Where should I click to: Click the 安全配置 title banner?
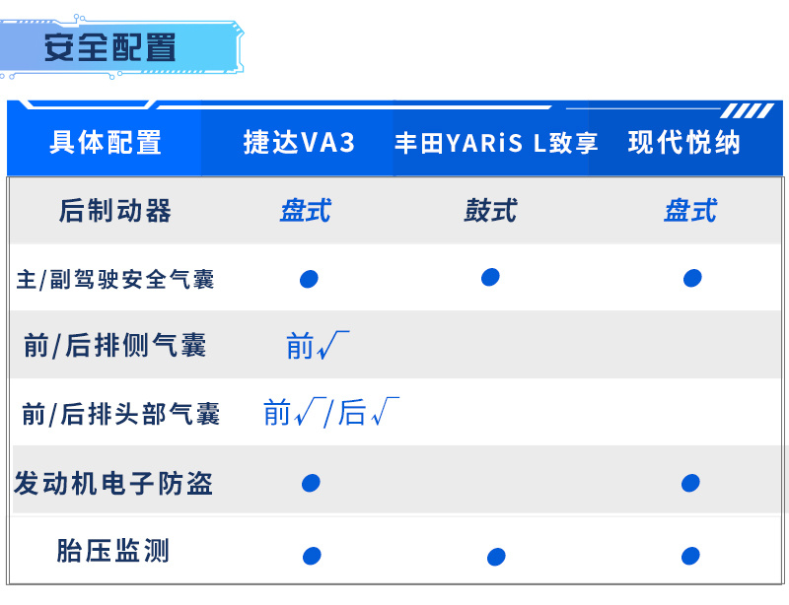pos(120,47)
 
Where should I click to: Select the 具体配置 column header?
pos(106,142)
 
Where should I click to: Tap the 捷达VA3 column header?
pos(300,142)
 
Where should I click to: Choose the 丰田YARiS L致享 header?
pos(496,143)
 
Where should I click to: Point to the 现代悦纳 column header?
pos(684,142)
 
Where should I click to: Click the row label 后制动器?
pos(115,210)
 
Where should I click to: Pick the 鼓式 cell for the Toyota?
pos(490,210)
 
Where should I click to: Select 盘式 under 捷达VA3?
pos(306,210)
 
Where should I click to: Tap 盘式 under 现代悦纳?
pos(690,210)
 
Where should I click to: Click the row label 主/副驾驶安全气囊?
pos(115,279)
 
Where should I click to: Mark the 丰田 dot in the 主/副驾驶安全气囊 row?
pos(490,277)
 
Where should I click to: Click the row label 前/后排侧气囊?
pos(115,346)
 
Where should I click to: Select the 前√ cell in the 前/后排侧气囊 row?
pos(318,345)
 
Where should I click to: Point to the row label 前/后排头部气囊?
pos(120,414)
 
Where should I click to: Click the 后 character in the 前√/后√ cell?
pos(352,413)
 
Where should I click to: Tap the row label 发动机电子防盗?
pos(113,483)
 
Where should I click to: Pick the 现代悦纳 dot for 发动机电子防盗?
pos(690,483)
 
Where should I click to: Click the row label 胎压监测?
pos(112,550)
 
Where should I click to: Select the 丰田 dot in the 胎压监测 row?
pos(496,557)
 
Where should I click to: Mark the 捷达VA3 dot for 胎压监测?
pos(312,556)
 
